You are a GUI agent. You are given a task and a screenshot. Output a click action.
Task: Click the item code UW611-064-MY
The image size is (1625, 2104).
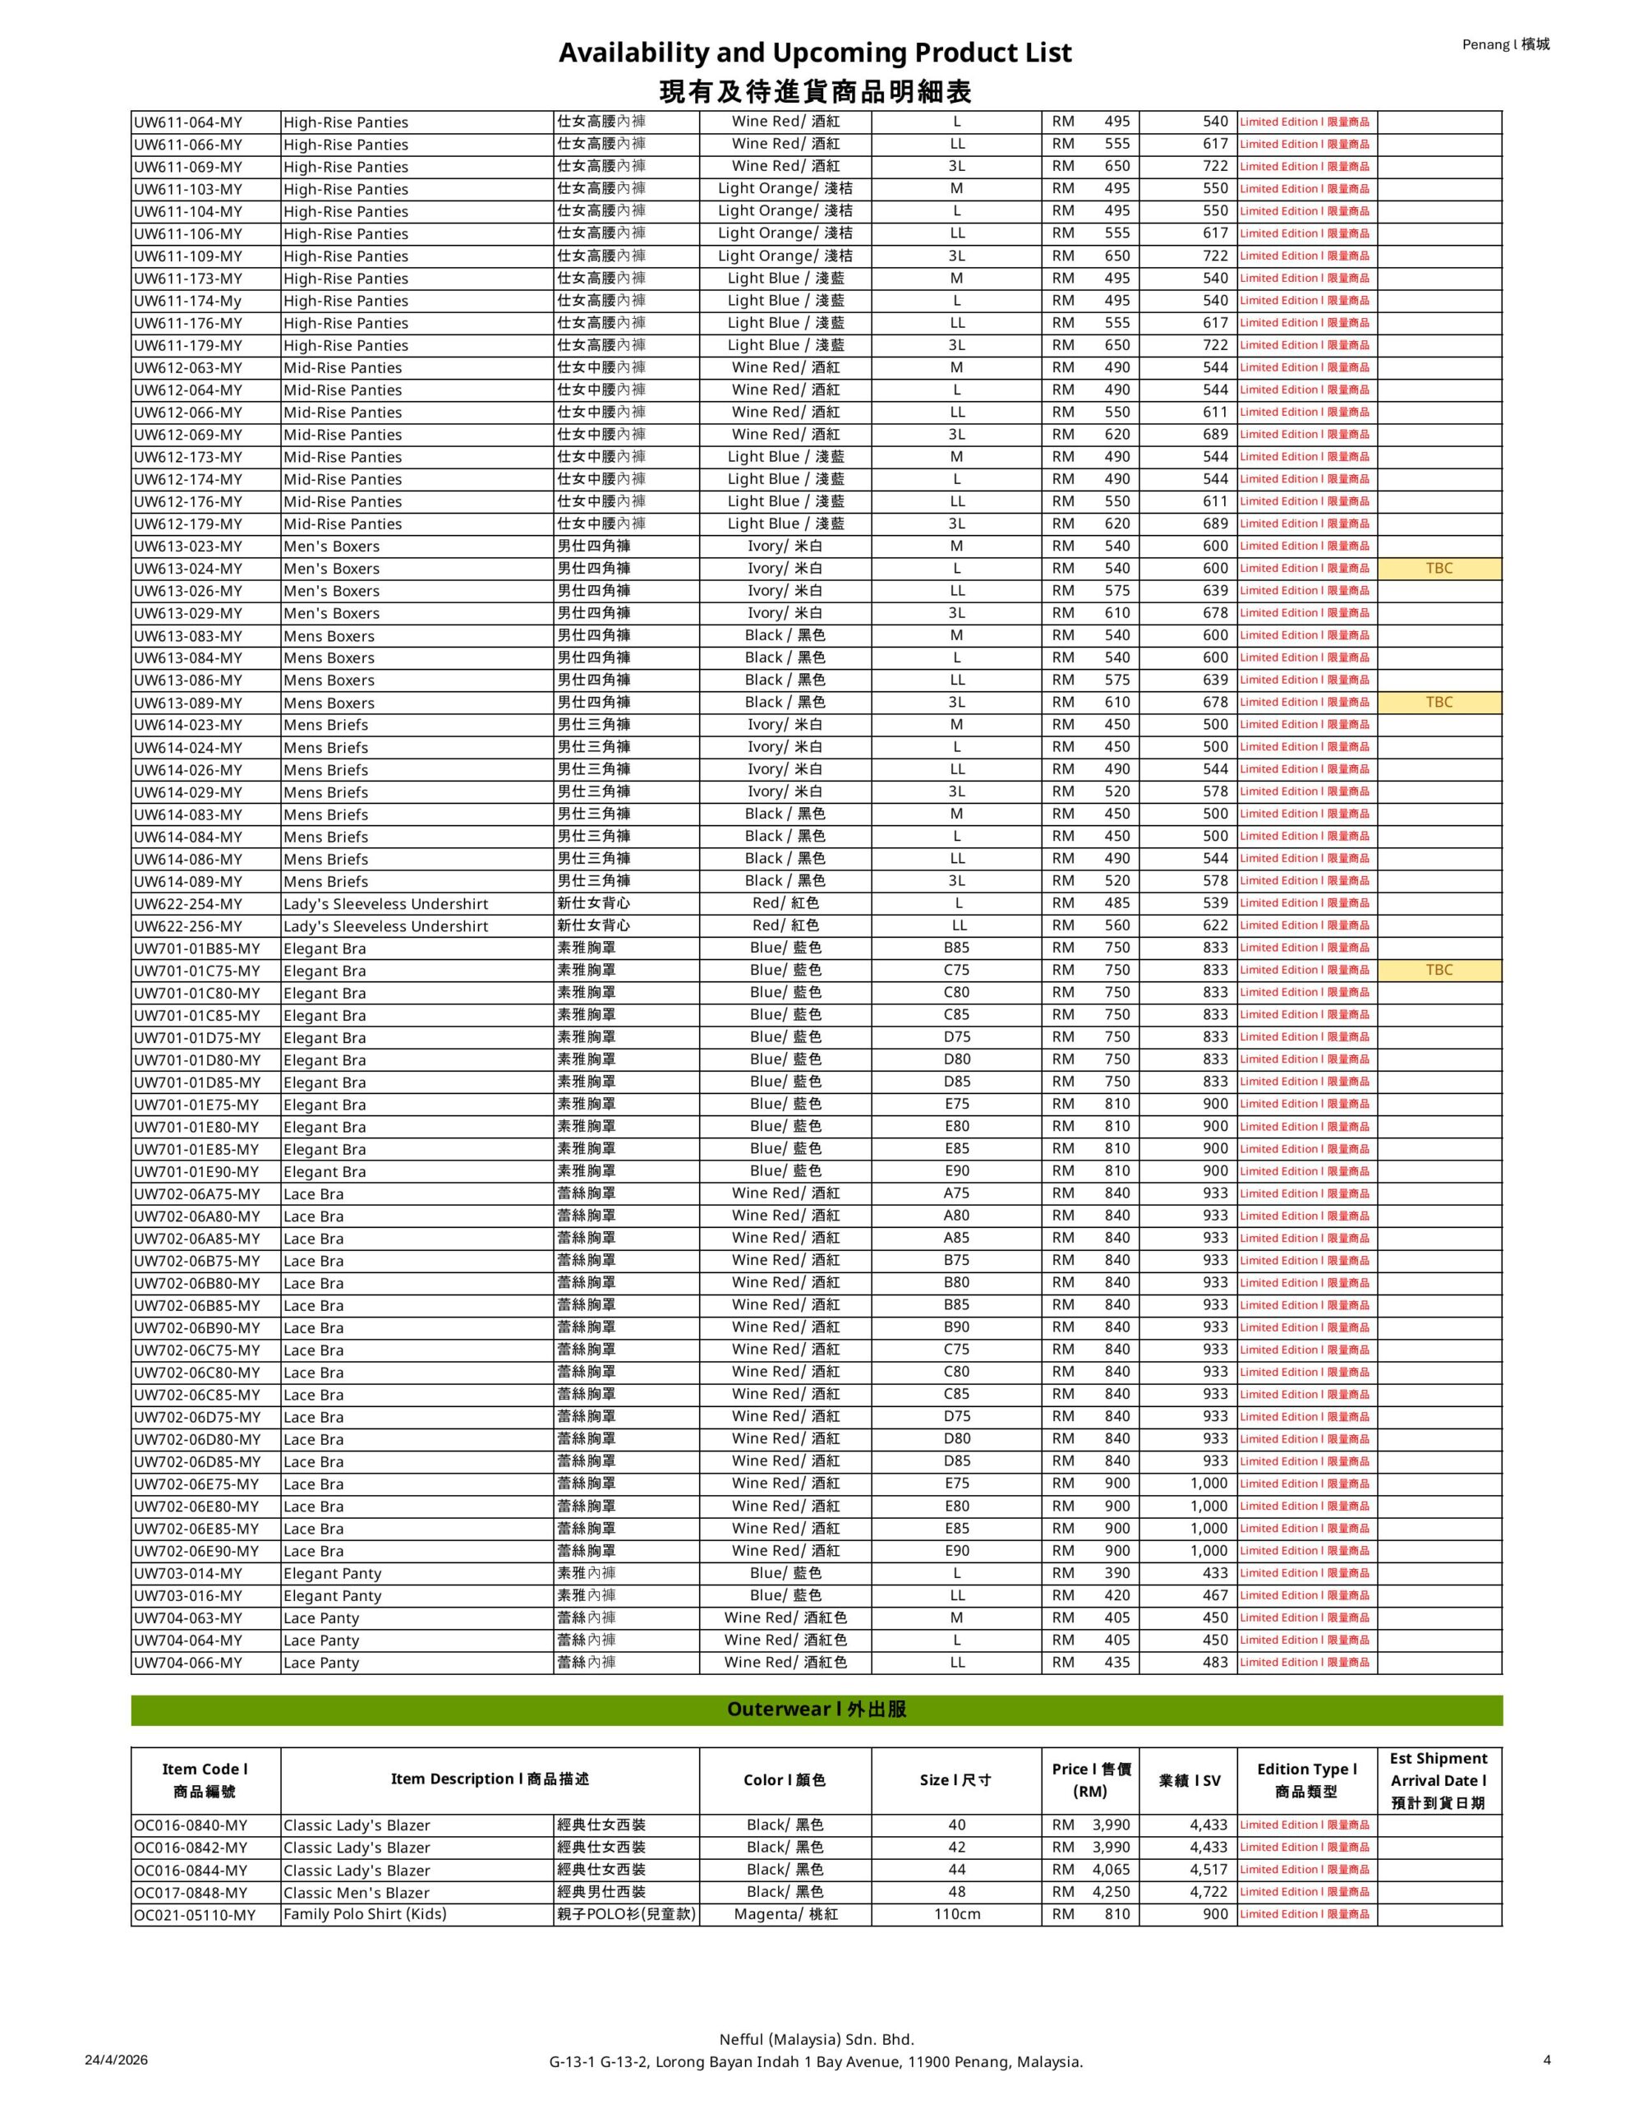(x=188, y=122)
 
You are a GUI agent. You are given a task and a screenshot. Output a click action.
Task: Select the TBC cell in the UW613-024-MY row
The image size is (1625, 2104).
(x=1439, y=569)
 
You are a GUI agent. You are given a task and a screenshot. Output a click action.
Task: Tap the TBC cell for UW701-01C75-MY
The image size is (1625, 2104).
(x=1439, y=970)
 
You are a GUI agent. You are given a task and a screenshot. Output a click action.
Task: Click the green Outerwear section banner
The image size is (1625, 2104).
(x=816, y=1710)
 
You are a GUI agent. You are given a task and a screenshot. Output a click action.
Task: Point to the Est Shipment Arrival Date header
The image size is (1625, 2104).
(x=1439, y=1780)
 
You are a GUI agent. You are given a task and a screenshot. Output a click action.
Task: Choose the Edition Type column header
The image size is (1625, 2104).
(x=1306, y=1780)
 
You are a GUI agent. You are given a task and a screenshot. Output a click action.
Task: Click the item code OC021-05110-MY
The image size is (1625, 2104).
(x=195, y=1915)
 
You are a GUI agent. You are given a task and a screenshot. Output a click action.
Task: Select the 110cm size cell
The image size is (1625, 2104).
(x=956, y=1914)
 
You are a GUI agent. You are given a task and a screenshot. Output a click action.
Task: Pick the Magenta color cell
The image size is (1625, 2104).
(x=785, y=1914)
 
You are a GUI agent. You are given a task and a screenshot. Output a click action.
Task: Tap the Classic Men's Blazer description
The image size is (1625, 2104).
(x=357, y=1892)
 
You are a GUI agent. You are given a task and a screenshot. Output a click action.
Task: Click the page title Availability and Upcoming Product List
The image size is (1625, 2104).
(x=815, y=52)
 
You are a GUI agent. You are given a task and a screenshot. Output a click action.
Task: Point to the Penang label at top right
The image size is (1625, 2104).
(x=1506, y=44)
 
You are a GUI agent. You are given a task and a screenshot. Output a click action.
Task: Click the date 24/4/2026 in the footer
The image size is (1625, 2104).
(x=117, y=2060)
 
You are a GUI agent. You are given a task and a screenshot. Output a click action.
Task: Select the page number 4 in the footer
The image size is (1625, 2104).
(x=1547, y=2060)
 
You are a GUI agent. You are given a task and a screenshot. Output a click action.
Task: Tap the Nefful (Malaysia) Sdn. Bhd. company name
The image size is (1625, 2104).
(x=816, y=2039)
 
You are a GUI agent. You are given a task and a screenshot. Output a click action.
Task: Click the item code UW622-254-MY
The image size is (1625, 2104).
(x=188, y=903)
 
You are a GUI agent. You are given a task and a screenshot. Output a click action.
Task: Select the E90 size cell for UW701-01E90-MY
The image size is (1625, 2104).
(x=956, y=1170)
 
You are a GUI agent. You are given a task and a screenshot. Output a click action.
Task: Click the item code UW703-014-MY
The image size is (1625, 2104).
(x=188, y=1573)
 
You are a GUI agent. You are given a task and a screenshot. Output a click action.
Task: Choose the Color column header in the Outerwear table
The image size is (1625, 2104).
(x=785, y=1780)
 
